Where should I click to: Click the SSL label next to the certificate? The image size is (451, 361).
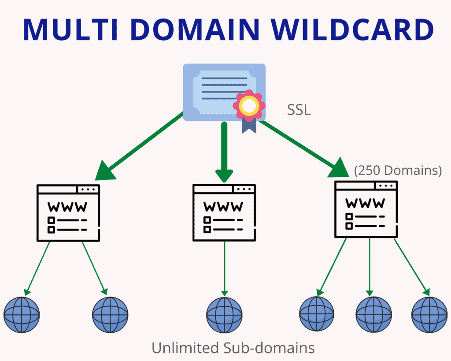299,110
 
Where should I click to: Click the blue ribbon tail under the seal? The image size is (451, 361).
249,125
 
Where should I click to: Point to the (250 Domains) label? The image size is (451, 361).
398,171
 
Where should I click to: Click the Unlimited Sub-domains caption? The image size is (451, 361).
233,348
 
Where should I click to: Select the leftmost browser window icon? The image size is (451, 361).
68,212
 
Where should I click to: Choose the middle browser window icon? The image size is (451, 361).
224,212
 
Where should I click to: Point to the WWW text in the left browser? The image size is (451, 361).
67,207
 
